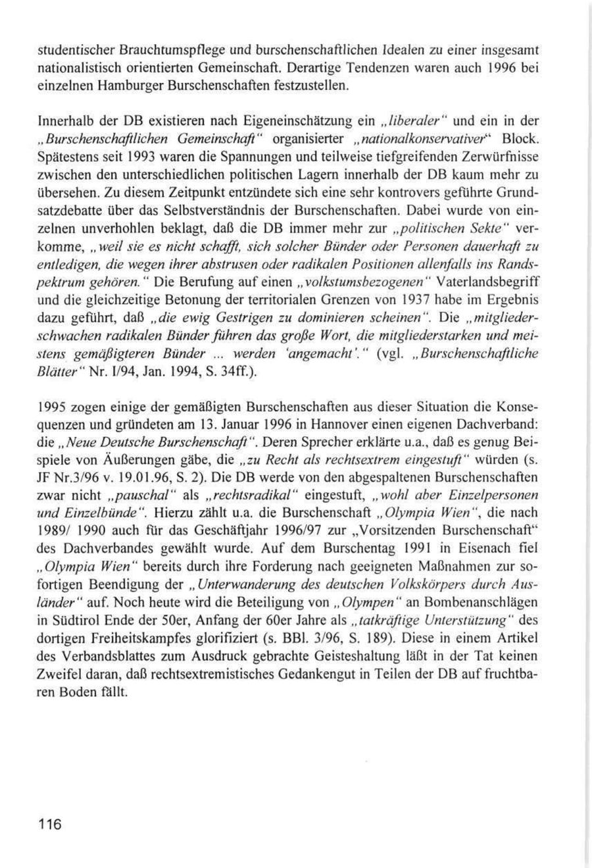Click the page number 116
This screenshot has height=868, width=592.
pos(49,825)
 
